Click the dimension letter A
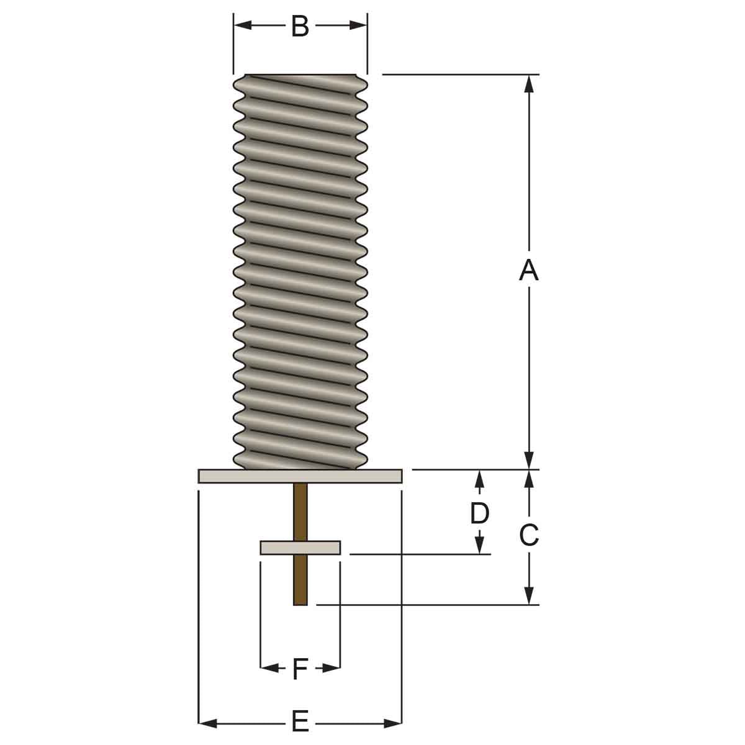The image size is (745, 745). pos(528,270)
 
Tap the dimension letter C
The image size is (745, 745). pos(528,535)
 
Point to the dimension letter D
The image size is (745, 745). pos(479,513)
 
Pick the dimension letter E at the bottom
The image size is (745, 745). pos(300,723)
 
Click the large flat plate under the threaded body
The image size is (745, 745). pos(300,476)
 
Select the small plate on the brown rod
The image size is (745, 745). pos(300,548)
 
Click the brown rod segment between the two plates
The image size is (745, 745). pos(300,512)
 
